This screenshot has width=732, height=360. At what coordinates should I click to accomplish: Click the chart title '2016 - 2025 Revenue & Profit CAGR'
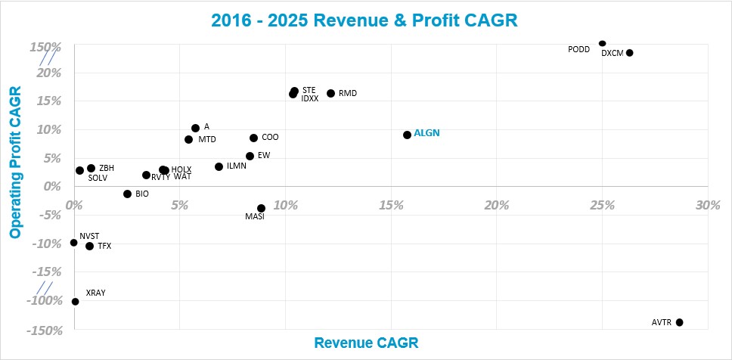tap(366, 20)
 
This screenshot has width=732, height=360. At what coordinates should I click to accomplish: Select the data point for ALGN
tap(407, 135)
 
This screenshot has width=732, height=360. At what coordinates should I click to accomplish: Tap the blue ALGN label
tap(426, 133)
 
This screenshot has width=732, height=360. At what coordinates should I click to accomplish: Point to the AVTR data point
tap(679, 322)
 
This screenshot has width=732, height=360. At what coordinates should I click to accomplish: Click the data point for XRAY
tap(75, 301)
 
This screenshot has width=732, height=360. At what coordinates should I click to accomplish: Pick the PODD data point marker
tap(602, 44)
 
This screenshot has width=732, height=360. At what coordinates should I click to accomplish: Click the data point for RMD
tap(330, 93)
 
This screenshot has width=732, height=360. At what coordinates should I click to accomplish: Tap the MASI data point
tap(261, 208)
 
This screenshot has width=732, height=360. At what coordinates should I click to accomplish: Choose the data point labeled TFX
tap(89, 246)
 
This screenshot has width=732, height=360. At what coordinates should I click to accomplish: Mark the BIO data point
tap(127, 194)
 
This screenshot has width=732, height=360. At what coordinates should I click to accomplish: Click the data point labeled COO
tap(253, 138)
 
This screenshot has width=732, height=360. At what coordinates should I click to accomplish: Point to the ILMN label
tap(236, 166)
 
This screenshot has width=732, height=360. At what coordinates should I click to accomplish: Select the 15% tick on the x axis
tap(390, 206)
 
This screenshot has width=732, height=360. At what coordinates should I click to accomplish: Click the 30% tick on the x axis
tap(707, 206)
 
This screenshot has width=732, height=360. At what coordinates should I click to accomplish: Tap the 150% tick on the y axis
tap(45, 48)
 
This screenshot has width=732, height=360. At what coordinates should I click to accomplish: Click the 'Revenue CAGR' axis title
tap(365, 343)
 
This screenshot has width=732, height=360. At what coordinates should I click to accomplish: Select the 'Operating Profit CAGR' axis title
tap(14, 163)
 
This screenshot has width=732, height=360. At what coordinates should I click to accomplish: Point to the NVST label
tap(89, 236)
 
